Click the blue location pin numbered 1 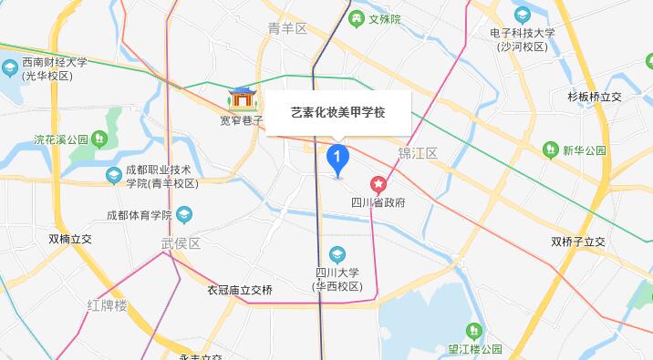337,160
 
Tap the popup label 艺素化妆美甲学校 337,112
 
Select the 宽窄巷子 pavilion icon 243,98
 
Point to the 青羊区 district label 287,28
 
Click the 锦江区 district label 419,152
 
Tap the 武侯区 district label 180,243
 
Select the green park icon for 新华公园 550,149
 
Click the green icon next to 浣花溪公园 99,139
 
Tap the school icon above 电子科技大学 522,15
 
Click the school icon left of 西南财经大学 10,68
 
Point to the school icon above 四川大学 338,254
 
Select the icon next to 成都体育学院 184,215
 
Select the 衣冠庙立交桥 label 240,290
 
